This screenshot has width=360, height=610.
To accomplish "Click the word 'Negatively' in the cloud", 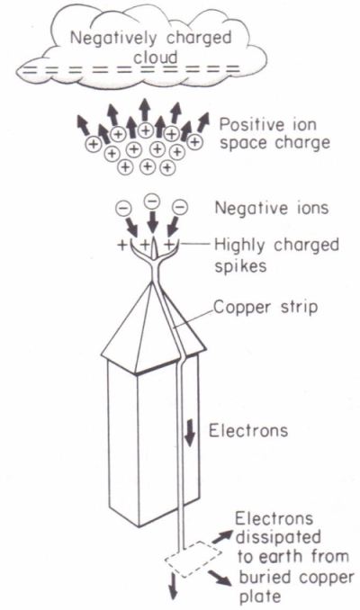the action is click(x=113, y=39).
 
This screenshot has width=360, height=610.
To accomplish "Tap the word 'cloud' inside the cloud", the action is click(x=156, y=58).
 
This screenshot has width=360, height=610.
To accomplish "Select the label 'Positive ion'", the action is click(x=268, y=124).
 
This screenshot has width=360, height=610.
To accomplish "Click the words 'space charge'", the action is click(x=274, y=143).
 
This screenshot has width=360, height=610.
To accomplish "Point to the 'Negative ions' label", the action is click(x=272, y=208).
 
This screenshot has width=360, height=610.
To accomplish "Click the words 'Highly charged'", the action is click(x=276, y=246).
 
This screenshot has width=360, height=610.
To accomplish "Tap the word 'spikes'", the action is click(x=240, y=266).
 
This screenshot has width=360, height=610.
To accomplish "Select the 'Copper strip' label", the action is click(x=265, y=308).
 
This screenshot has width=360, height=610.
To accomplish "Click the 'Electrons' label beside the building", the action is click(x=248, y=431).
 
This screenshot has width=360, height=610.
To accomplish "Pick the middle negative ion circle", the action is click(x=152, y=201).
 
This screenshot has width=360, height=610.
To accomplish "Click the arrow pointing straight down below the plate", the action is click(x=174, y=589).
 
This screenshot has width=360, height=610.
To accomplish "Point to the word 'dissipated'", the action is click(x=279, y=538).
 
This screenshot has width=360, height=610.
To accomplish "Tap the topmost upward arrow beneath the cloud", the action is click(x=146, y=109).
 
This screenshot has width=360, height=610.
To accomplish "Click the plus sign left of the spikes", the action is click(x=122, y=245).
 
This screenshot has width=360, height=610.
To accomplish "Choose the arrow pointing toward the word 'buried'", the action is click(x=222, y=579).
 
